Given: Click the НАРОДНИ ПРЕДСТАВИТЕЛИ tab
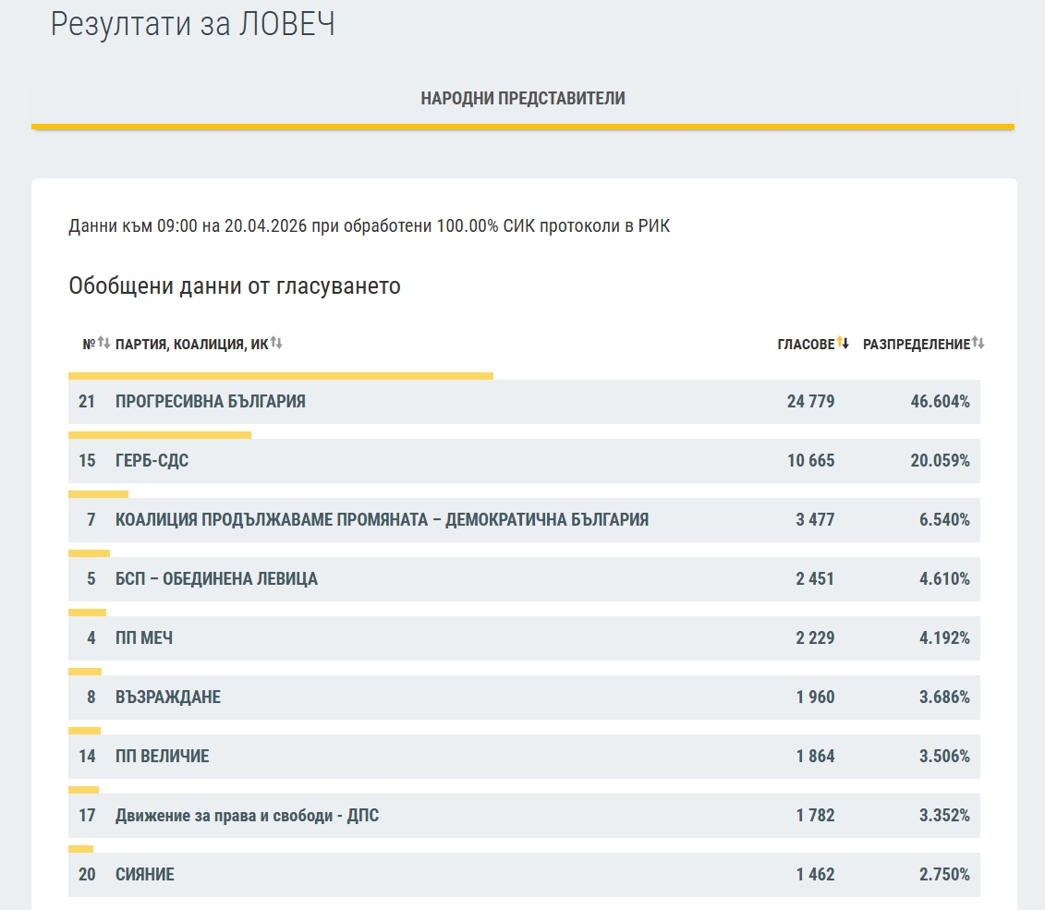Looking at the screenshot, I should (x=523, y=99).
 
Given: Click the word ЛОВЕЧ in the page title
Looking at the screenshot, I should (x=286, y=25).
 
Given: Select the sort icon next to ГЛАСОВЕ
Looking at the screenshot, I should (x=843, y=344).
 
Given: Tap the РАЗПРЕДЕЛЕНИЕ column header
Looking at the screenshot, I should (x=917, y=345).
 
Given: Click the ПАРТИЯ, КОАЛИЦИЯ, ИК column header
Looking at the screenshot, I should (x=191, y=345).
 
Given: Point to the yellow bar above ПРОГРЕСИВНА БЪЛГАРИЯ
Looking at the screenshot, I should (x=281, y=376).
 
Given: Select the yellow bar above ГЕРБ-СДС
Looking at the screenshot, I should (x=160, y=435).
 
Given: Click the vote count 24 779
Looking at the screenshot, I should (x=810, y=402).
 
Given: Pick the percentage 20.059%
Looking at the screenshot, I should (x=940, y=461).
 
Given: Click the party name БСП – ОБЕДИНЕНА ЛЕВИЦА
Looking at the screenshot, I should (x=216, y=579).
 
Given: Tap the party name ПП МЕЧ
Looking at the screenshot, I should (x=144, y=638).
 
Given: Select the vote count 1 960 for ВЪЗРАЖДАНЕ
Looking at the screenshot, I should (x=815, y=698).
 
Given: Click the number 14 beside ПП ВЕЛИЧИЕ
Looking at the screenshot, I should (x=87, y=757).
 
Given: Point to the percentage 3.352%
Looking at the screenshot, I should (x=944, y=816).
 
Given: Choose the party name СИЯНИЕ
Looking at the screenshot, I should (x=145, y=875).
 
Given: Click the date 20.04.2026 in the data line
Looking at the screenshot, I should (x=264, y=226).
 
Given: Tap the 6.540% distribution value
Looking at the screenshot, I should (x=944, y=520).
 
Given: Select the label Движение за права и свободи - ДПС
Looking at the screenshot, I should (x=247, y=816).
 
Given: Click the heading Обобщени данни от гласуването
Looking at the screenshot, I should (x=235, y=286).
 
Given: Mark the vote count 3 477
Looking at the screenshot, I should (x=815, y=520).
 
